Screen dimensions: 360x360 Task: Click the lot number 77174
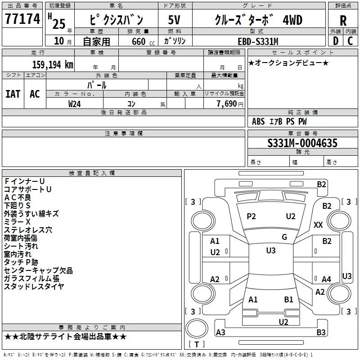tap(22, 18)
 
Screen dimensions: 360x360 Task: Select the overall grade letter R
tap(343, 21)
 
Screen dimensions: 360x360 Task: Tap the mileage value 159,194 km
tap(53, 64)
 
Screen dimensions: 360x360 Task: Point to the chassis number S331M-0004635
tap(302, 143)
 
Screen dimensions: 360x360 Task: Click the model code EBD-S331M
tap(258, 41)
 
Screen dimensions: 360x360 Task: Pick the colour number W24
tap(74, 104)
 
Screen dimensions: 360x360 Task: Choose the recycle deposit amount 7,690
tap(227, 104)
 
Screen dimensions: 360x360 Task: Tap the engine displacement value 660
tap(139, 41)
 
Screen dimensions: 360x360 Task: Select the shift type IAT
tap(13, 94)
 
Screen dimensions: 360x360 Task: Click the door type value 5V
tap(174, 20)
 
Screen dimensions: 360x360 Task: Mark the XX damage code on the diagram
tap(318, 225)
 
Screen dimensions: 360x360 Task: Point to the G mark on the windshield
tap(284, 237)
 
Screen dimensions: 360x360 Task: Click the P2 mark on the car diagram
tap(251, 216)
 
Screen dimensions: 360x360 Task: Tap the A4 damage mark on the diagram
tap(326, 279)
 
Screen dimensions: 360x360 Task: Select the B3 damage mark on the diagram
tap(321, 332)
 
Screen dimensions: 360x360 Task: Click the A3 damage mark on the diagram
tap(220, 332)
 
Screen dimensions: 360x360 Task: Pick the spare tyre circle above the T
tap(197, 328)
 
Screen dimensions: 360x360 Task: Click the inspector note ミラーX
tap(17, 222)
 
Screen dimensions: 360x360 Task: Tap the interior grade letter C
tap(350, 41)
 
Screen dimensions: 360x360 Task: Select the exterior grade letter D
tap(336, 41)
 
